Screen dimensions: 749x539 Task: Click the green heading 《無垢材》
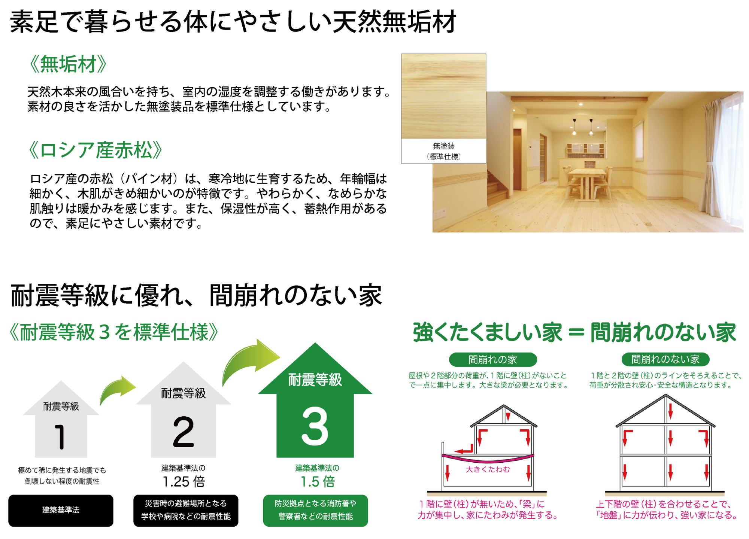(68, 64)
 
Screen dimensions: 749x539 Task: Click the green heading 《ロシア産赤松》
(95, 150)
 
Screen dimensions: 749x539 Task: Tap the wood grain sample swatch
(444, 96)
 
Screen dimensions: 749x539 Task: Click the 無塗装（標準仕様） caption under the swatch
(444, 151)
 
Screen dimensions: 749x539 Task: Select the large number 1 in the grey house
(60, 436)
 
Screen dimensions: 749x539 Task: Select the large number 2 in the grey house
(184, 432)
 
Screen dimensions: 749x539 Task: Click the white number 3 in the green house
(315, 426)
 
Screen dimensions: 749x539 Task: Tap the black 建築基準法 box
(61, 511)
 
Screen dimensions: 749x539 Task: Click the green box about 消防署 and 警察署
(316, 511)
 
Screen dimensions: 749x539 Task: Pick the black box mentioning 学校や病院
(186, 511)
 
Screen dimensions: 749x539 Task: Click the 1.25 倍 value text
(184, 482)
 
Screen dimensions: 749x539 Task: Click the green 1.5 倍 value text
(318, 482)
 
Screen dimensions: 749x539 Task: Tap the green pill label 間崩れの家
(493, 360)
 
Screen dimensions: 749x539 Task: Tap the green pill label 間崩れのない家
(665, 359)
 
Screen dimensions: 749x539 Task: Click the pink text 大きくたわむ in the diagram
(488, 469)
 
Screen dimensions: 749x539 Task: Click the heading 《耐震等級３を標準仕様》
(114, 332)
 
